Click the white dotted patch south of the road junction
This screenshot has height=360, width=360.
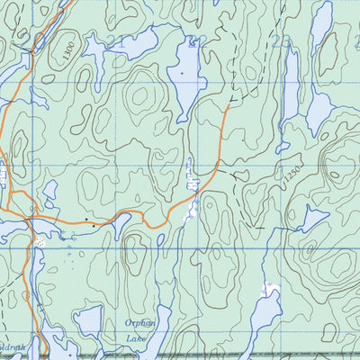point(40,242)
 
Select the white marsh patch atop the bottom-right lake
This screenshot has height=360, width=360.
point(267,289)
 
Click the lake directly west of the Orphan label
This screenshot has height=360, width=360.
point(89,319)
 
